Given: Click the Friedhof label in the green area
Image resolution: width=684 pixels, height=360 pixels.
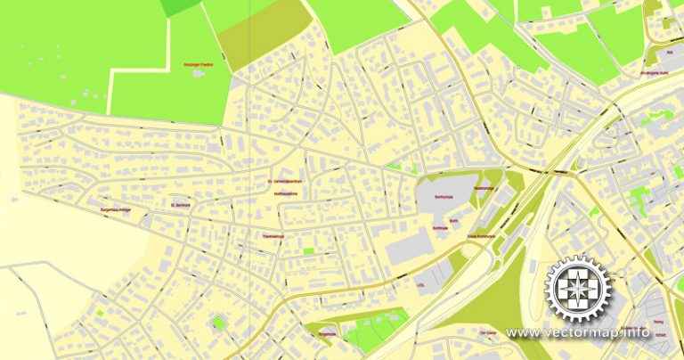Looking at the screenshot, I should pyautogui.click(x=198, y=65).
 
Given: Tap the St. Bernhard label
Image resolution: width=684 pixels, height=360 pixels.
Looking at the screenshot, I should pyautogui.click(x=179, y=204).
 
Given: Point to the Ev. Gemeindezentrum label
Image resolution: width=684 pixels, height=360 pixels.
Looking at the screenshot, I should pyautogui.click(x=285, y=183).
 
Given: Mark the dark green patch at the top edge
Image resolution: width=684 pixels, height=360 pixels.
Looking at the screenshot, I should pyautogui.click(x=181, y=6).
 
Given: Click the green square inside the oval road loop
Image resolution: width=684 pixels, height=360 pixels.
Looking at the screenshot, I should pyautogui.click(x=217, y=322).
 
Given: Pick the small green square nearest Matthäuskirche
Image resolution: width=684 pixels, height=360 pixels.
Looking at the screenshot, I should pyautogui.click(x=308, y=252).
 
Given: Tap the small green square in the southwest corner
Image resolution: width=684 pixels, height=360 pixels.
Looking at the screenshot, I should pyautogui.click(x=100, y=314).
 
